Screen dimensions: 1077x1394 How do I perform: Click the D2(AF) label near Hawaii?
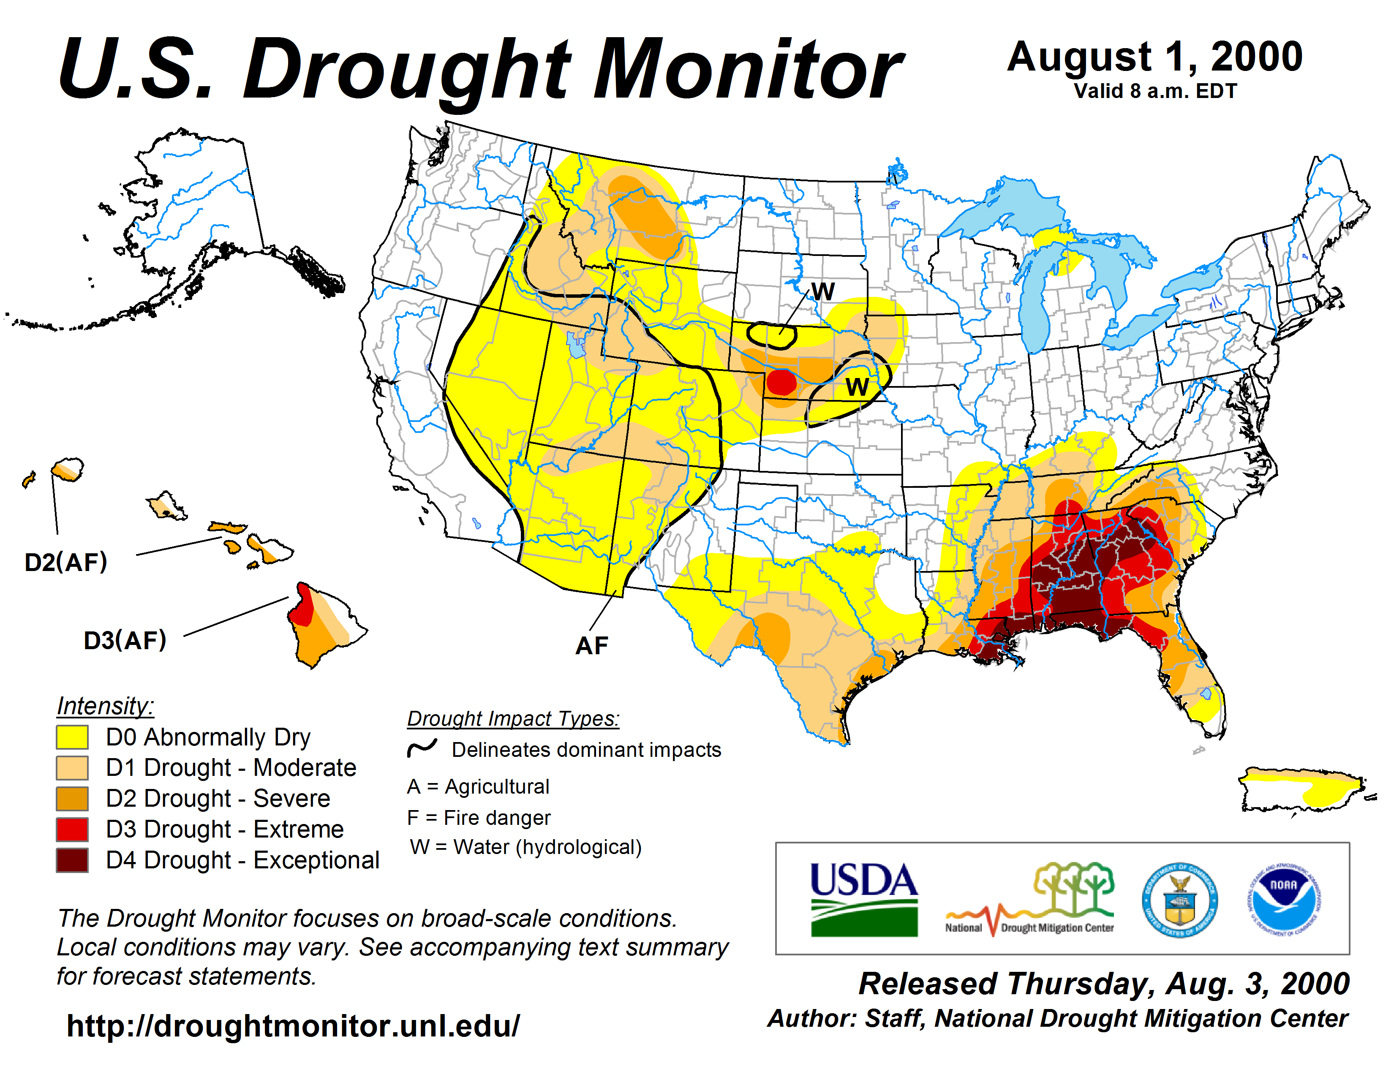coord(66,562)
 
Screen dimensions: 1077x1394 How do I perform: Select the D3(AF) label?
coord(125,640)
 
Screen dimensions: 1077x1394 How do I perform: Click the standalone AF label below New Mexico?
coord(592,646)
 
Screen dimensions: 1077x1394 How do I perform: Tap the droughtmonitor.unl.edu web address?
coord(293,1026)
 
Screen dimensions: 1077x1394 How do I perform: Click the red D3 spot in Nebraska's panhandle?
coord(781,381)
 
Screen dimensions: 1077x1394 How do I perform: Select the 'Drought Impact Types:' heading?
coord(513,718)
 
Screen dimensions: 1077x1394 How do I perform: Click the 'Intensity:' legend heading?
coord(105,706)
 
